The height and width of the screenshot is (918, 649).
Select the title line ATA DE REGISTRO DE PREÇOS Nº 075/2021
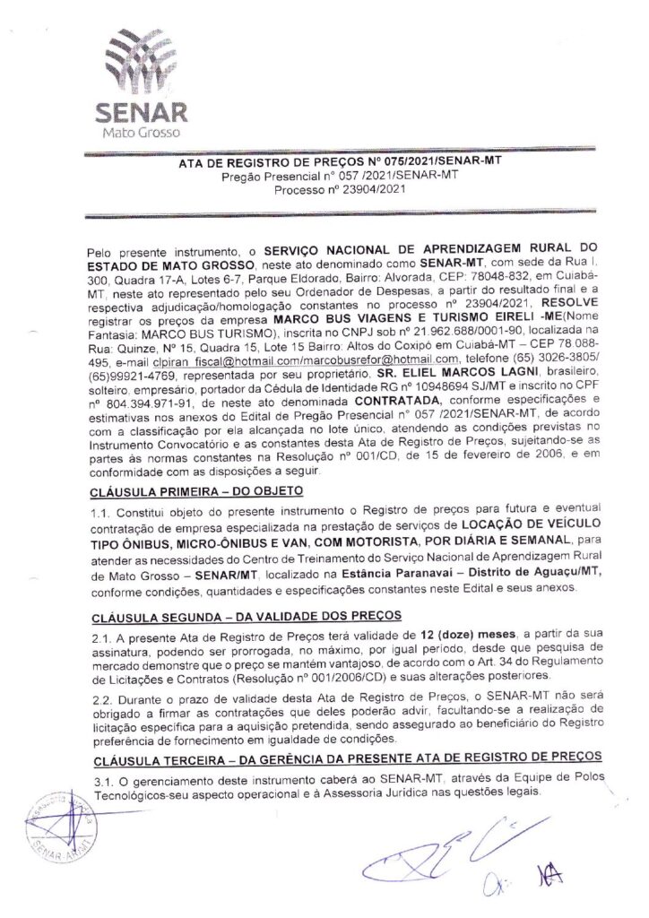point(323,162)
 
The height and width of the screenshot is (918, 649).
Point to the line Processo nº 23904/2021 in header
point(324,188)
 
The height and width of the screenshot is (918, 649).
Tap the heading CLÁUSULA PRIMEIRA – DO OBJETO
point(198,491)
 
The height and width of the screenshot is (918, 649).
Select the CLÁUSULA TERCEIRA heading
point(345,758)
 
